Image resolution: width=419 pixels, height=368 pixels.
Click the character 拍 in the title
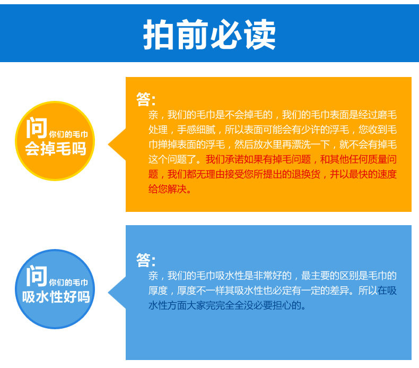pyautogui.click(x=159, y=35)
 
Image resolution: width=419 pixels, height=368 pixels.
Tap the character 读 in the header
pyautogui.click(x=260, y=35)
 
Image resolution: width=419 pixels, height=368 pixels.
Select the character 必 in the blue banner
pyautogui.click(x=226, y=35)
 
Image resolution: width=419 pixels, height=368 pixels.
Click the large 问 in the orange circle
pyautogui.click(x=37, y=127)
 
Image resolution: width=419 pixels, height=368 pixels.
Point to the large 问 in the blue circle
pyautogui.click(x=37, y=276)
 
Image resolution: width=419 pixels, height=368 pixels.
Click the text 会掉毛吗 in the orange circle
pyautogui.click(x=56, y=149)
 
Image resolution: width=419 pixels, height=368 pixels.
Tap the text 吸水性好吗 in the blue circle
pyautogui.click(x=56, y=297)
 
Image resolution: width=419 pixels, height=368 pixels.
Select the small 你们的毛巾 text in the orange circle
pyautogui.click(x=68, y=134)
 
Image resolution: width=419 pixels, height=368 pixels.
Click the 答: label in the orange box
pyautogui.click(x=146, y=99)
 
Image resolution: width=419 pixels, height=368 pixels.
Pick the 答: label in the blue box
pyautogui.click(x=146, y=260)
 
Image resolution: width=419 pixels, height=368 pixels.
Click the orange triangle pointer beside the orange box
pyautogui.click(x=117, y=144)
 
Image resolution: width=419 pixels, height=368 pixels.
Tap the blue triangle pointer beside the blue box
pyautogui.click(x=117, y=293)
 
